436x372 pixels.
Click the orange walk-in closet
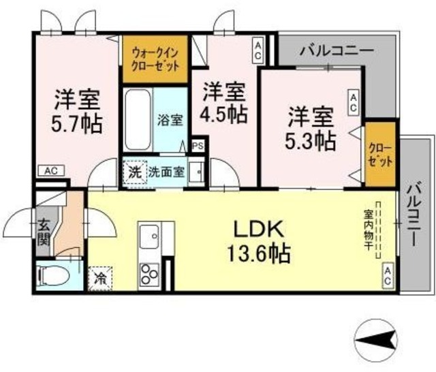(x=156, y=61)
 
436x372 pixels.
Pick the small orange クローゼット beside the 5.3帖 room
(x=380, y=154)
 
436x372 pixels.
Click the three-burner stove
(x=149, y=274)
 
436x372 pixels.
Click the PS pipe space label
(x=198, y=146)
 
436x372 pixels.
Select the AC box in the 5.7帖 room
(x=50, y=171)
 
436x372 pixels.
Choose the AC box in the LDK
(x=387, y=273)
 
